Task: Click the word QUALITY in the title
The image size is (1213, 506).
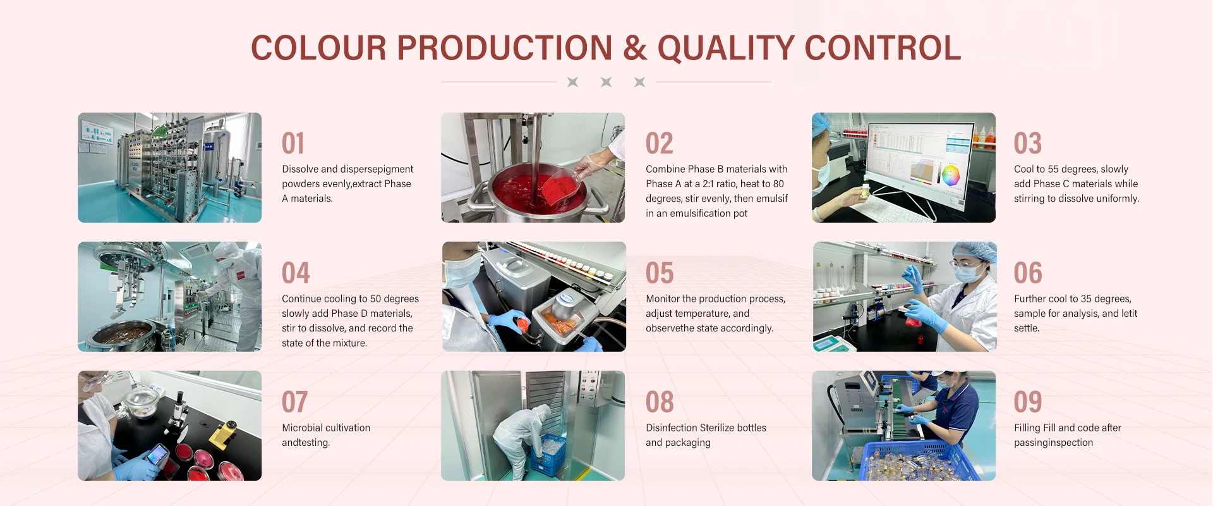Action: point(725,48)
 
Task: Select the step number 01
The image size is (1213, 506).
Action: point(293,144)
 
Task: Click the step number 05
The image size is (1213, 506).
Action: point(660,273)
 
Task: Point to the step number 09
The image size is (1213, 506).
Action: point(1028,402)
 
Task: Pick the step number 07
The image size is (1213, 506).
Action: point(295,402)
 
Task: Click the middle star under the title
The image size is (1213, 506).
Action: point(606,82)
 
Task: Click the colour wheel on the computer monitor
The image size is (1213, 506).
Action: point(950,175)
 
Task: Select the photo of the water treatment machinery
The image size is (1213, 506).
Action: point(169,168)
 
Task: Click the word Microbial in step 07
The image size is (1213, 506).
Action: point(303,428)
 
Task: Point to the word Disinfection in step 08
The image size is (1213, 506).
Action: point(671,428)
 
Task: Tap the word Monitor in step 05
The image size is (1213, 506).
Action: point(663,299)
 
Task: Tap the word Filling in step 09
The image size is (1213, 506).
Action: point(1027,428)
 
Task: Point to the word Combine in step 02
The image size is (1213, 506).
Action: point(666,170)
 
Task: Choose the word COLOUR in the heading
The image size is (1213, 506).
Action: point(318,48)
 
